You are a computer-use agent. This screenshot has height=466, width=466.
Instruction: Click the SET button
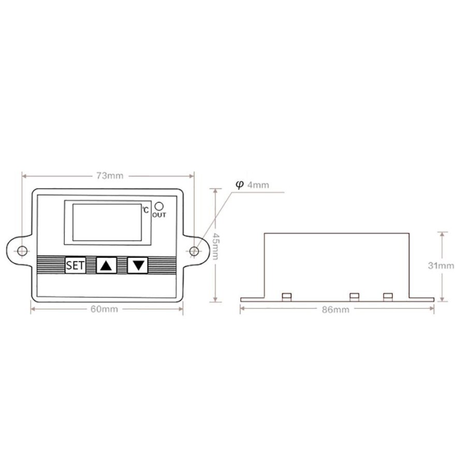click(76, 265)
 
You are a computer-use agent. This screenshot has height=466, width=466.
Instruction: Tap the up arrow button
click(106, 265)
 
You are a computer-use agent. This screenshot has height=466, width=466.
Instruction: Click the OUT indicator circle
click(159, 206)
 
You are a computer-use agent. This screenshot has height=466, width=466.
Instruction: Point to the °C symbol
click(145, 210)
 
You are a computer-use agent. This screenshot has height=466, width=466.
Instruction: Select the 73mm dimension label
click(110, 176)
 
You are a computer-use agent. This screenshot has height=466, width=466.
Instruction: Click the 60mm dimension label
click(104, 309)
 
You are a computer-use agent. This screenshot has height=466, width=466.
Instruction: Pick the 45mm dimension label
click(215, 246)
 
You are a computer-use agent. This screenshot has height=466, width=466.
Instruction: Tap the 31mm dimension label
click(441, 266)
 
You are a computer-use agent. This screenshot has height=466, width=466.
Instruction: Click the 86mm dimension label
click(336, 310)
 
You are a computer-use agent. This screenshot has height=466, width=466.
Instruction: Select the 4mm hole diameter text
click(258, 185)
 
